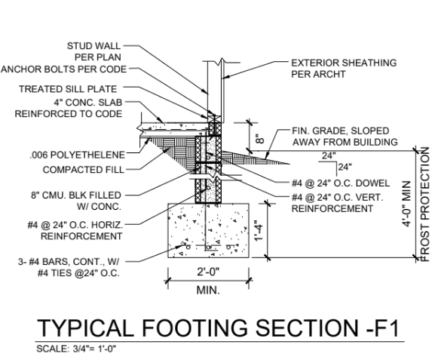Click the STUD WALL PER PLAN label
pyautogui.click(x=93, y=51)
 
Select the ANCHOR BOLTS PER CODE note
pyautogui.click(x=63, y=69)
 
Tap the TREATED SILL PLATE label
pyautogui.click(x=68, y=89)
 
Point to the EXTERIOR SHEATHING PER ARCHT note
pyautogui.click(x=344, y=69)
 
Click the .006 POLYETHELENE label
pyautogui.click(x=78, y=155)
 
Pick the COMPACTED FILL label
pyautogui.click(x=83, y=170)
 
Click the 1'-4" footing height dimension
pyautogui.click(x=259, y=230)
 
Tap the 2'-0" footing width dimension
pyautogui.click(x=208, y=272)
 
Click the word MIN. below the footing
pyautogui.click(x=208, y=290)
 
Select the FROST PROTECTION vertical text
pyautogui.click(x=425, y=205)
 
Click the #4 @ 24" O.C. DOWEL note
pyautogui.click(x=341, y=183)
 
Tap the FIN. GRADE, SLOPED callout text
pyautogui.click(x=341, y=131)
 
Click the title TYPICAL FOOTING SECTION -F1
pyautogui.click(x=219, y=328)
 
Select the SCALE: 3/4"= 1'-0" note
pyautogui.click(x=76, y=349)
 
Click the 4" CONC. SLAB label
pyautogui.click(x=88, y=103)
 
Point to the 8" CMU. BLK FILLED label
pyautogui.click(x=75, y=195)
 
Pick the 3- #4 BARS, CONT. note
pyautogui.click(x=69, y=262)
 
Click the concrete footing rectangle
pyautogui.click(x=208, y=230)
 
